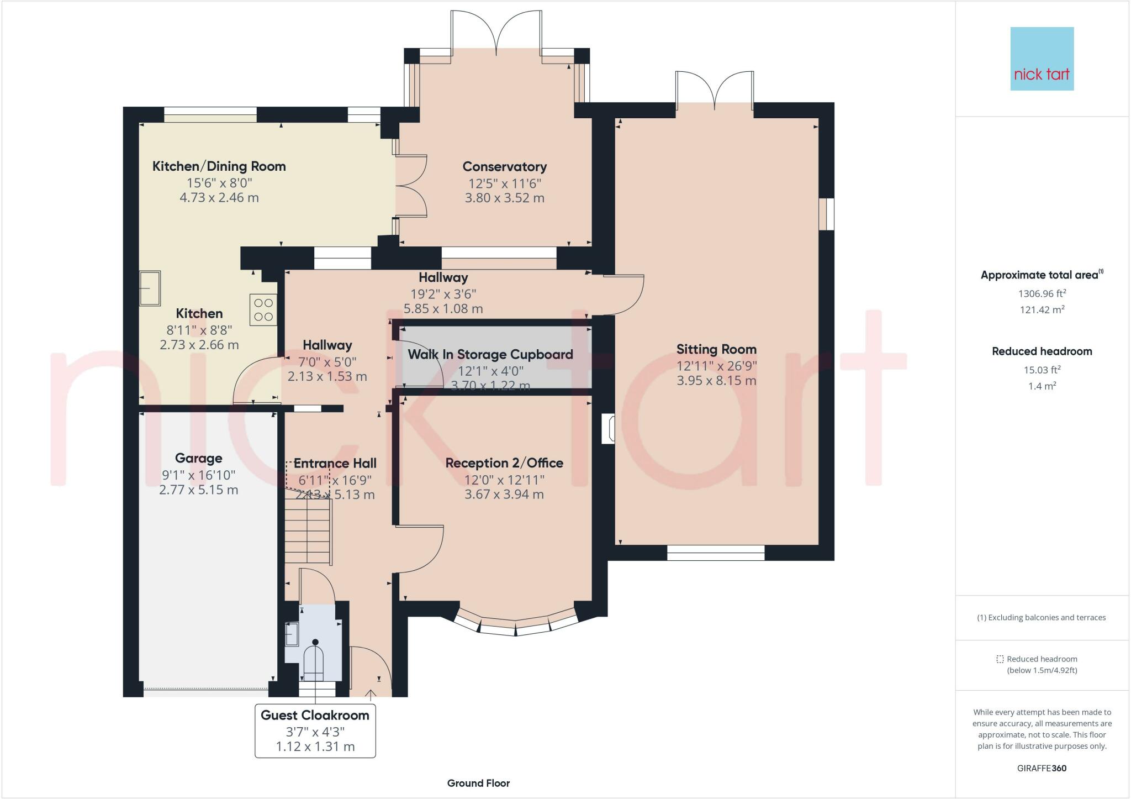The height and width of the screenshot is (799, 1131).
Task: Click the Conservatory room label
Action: (504, 166)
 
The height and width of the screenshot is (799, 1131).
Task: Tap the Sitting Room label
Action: (716, 349)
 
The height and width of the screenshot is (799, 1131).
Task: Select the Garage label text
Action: (198, 458)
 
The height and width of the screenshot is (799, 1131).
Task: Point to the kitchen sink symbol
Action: (149, 288)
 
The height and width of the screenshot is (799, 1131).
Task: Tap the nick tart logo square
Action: (1042, 59)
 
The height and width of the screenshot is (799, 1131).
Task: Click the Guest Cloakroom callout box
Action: (315, 730)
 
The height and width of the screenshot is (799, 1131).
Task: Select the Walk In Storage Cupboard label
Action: (490, 354)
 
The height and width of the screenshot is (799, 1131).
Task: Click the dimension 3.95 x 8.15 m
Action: (716, 381)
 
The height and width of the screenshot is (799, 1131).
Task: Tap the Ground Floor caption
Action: (478, 783)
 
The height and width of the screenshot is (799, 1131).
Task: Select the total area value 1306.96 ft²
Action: (1042, 293)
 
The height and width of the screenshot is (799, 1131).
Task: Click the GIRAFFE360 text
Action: (1042, 768)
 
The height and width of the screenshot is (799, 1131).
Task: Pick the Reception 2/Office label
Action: (504, 463)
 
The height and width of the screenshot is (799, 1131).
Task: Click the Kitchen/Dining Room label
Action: (219, 166)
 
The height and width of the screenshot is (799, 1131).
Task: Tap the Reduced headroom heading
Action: (1042, 351)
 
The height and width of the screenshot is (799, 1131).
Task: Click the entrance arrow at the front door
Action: (371, 693)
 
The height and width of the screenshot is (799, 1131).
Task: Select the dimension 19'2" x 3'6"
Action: (443, 294)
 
